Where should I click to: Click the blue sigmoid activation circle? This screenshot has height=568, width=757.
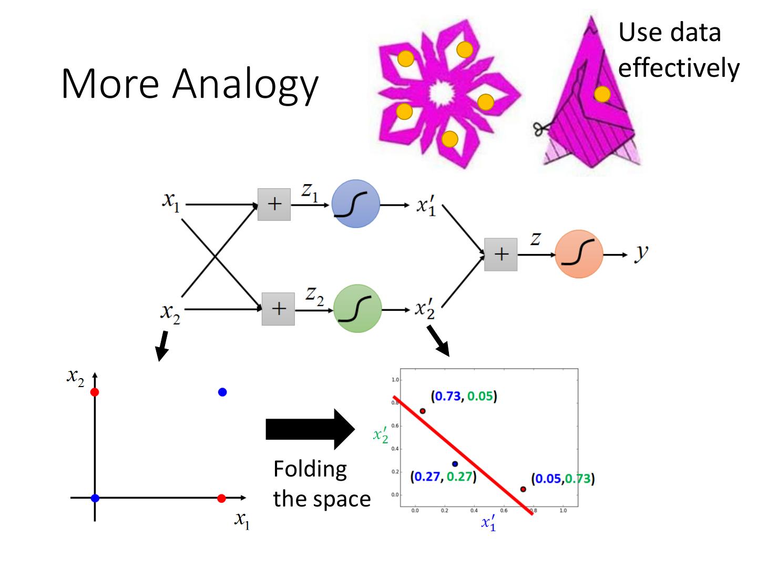pos(356,204)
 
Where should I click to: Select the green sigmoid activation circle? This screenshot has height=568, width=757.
pos(357,309)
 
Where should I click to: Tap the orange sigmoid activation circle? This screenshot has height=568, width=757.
pos(579,254)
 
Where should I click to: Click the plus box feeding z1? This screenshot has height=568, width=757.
pos(274,204)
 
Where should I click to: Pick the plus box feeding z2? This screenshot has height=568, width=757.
pos(278,309)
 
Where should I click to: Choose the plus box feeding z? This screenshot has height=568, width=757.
pos(500,255)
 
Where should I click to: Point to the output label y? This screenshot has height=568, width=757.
pos(641,253)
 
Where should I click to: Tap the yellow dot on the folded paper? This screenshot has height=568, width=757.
pos(602,94)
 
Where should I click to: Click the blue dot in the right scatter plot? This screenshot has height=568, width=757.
pos(455,464)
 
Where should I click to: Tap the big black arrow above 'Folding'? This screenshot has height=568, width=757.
pos(310,429)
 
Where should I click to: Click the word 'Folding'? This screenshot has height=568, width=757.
pos(310,469)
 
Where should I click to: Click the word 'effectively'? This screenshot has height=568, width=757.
pos(679,68)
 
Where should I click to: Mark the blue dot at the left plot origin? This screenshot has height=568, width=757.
pos(95,498)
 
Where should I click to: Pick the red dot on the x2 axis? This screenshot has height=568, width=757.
pos(95,392)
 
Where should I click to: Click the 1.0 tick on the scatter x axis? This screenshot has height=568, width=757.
pos(563,510)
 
